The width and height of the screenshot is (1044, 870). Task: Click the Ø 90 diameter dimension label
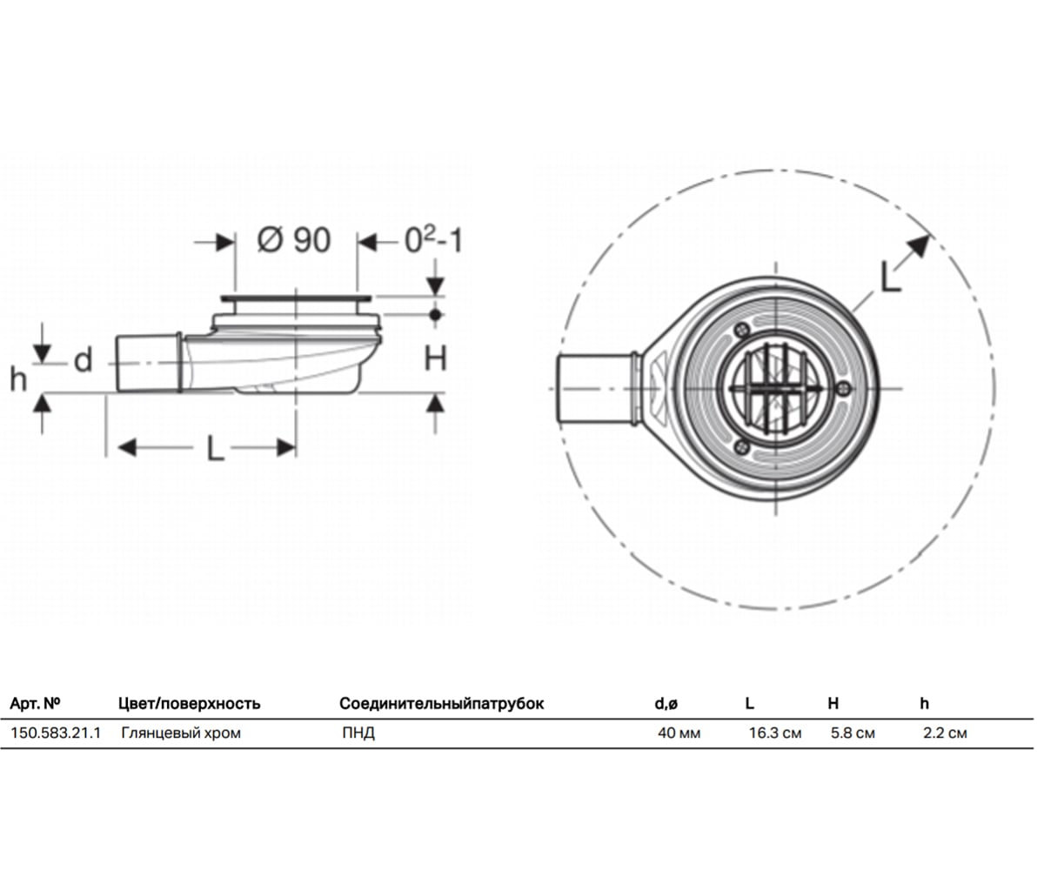[x=294, y=240]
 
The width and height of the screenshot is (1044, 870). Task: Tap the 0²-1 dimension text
[x=433, y=240]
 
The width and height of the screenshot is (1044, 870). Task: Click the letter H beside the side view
[x=436, y=358]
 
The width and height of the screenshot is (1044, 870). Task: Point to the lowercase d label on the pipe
[x=84, y=360]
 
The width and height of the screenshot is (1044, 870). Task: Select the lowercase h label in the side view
[x=18, y=379]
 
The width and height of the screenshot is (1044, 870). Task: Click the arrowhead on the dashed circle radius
[x=919, y=247]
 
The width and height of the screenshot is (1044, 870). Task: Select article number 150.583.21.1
[x=56, y=733]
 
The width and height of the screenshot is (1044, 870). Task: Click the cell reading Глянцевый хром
[x=180, y=733]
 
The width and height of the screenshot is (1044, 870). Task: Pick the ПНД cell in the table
[x=358, y=733]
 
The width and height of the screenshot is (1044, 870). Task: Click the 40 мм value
[x=679, y=733]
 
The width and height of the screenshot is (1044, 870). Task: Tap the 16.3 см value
[x=775, y=733]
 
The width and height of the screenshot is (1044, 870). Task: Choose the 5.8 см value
[x=853, y=733]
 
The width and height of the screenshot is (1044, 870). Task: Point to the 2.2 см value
[x=945, y=733]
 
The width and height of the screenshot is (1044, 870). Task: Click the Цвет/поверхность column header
[x=190, y=704]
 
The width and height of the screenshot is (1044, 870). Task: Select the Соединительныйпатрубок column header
[x=441, y=704]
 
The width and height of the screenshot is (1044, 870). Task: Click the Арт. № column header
[x=35, y=703]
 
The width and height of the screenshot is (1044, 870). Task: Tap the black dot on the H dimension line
[x=436, y=315]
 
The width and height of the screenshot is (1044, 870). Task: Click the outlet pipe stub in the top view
[x=595, y=389]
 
